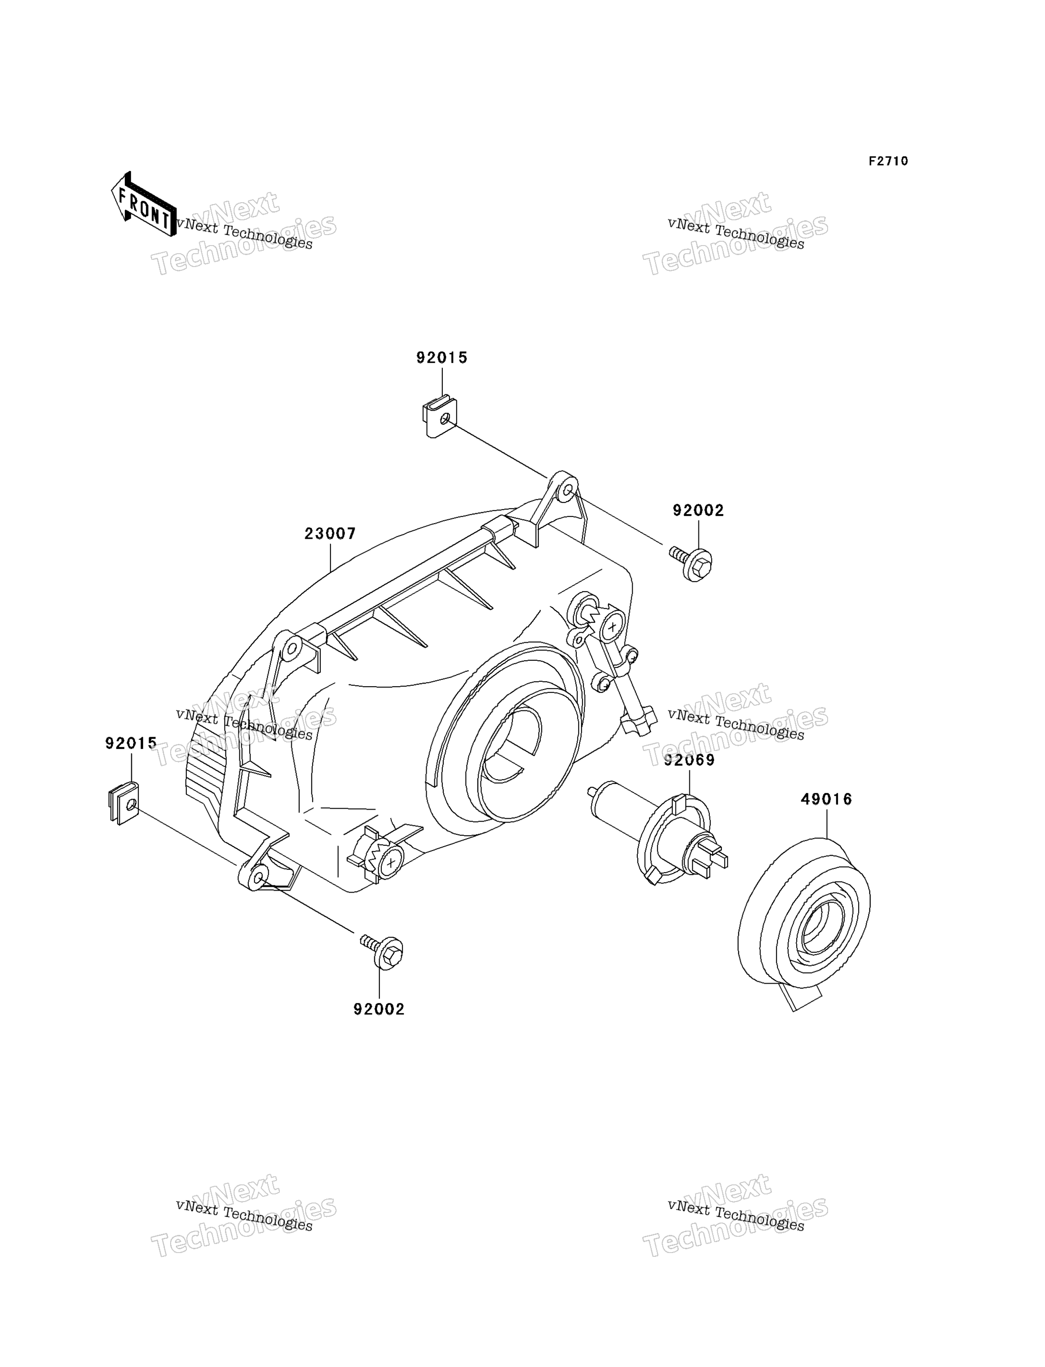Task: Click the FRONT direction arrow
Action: pos(143,205)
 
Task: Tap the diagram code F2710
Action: pos(888,161)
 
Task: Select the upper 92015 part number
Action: pos(441,358)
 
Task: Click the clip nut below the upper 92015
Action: pos(440,417)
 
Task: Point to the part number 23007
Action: pos(330,534)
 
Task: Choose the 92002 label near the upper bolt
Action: pos(698,511)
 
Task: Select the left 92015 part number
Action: pos(131,743)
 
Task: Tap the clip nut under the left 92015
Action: pos(124,802)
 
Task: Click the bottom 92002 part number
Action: pos(379,1009)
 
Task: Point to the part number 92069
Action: pos(689,761)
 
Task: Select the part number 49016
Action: pos(827,800)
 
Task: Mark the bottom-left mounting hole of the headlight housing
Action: pos(258,877)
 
